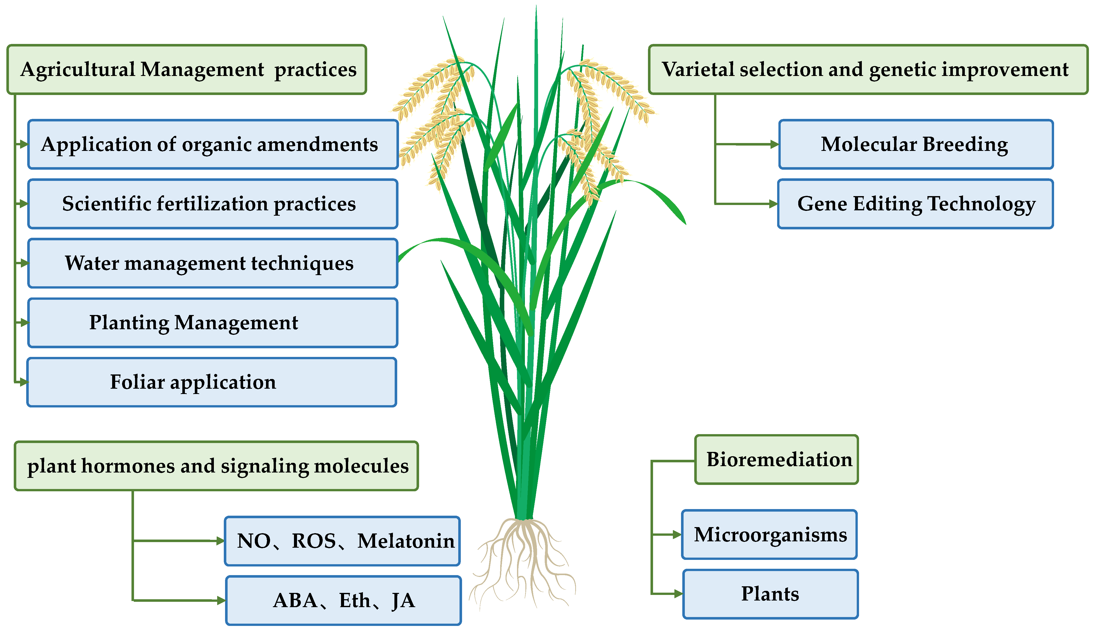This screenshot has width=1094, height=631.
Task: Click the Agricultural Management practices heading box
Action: click(186, 69)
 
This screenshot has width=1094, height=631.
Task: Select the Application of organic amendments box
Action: click(213, 144)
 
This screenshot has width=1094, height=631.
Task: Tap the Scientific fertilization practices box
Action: click(213, 204)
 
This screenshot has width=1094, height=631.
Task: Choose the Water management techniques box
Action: click(213, 263)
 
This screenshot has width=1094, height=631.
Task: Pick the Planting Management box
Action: click(213, 323)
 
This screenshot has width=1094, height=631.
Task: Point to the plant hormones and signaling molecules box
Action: click(216, 466)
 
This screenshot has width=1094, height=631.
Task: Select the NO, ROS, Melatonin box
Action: click(342, 541)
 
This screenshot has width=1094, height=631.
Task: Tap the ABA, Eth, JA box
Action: click(343, 601)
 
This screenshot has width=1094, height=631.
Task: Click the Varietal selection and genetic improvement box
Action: click(868, 69)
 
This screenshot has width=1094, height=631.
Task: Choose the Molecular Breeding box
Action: click(915, 144)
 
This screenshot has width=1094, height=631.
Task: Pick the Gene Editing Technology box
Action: click(915, 204)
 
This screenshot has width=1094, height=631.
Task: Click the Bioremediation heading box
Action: click(776, 459)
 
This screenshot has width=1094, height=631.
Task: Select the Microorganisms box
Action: click(769, 534)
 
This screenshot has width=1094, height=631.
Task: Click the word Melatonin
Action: click(406, 541)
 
